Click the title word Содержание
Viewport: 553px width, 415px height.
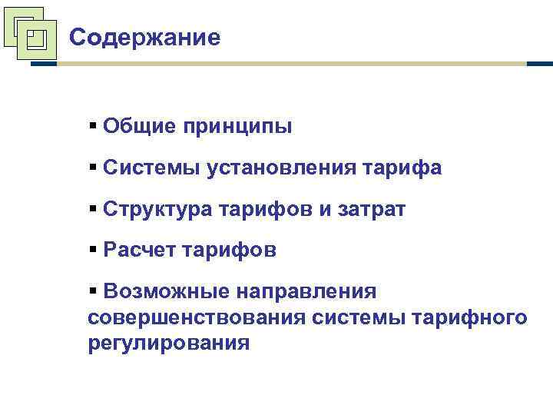point(144,37)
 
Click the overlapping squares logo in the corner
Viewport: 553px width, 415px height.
point(29,32)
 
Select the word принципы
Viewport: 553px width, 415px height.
point(237,126)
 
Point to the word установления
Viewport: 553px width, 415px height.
point(277,168)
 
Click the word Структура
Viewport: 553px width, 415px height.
point(157,208)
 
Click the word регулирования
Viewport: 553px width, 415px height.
point(169,343)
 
